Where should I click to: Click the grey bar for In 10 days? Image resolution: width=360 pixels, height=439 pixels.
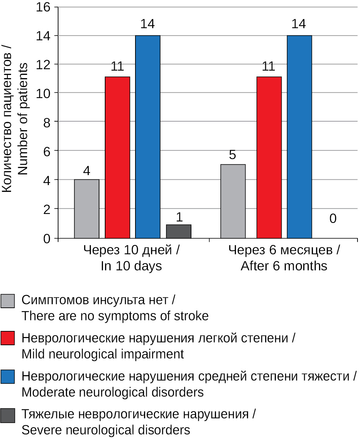(x=87, y=209)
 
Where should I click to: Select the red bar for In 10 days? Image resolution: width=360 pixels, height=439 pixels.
(x=117, y=157)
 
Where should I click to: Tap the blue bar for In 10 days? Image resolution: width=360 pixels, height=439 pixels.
(x=148, y=137)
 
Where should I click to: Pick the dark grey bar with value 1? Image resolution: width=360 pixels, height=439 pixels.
(x=179, y=231)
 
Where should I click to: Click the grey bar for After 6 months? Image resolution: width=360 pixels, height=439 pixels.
(x=233, y=201)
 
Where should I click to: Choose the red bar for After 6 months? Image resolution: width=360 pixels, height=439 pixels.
(x=269, y=157)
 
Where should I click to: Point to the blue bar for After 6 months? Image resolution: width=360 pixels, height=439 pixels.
(x=299, y=137)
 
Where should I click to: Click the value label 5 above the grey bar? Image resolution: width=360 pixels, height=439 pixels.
(x=233, y=155)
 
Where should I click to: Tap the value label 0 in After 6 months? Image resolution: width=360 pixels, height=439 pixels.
(x=333, y=219)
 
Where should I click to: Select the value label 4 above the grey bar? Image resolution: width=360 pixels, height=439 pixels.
(x=87, y=171)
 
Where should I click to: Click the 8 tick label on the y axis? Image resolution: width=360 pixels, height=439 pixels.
(x=47, y=122)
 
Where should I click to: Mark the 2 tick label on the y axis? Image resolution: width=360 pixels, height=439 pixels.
(x=47, y=209)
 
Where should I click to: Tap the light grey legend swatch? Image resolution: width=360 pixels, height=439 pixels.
(x=7, y=301)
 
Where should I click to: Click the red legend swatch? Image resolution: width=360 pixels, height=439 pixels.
(x=7, y=338)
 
